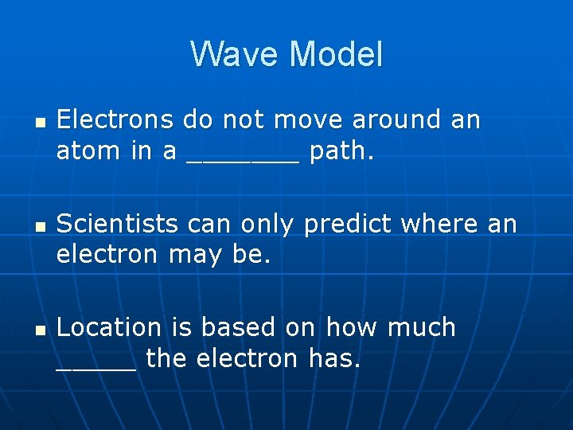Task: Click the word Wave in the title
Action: click(x=236, y=55)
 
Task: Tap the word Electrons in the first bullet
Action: click(x=115, y=120)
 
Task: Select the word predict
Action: click(x=348, y=225)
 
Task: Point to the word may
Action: click(x=201, y=256)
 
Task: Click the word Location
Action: click(x=109, y=327)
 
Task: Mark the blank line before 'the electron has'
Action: click(x=96, y=366)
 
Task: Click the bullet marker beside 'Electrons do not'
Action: click(x=37, y=122)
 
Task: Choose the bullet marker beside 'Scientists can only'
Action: click(x=37, y=226)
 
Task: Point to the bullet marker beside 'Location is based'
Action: click(x=37, y=329)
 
